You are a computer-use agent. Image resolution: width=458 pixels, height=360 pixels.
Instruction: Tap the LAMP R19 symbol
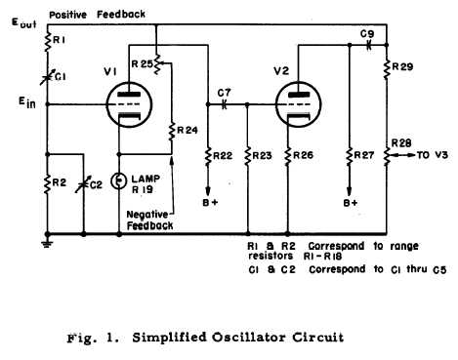pyautogui.click(x=119, y=180)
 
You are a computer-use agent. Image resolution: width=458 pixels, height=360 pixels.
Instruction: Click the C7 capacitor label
pyautogui.click(x=223, y=89)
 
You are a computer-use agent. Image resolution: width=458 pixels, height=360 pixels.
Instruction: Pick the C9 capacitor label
pyautogui.click(x=366, y=34)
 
